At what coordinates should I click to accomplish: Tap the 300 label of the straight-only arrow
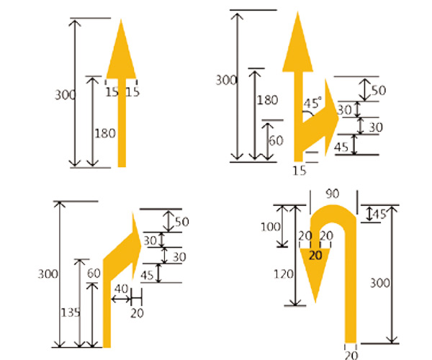pos(62,94)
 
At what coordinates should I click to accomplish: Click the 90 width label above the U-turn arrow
pos(333,194)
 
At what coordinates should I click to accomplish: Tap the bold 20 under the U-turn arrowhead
pos(315,254)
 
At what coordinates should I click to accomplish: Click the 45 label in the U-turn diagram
pos(379,214)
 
